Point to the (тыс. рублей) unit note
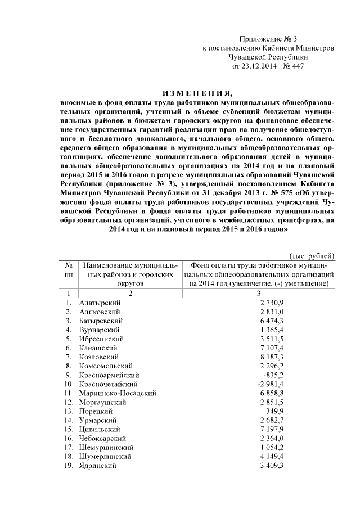click(x=313, y=255)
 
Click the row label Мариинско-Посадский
click(x=118, y=393)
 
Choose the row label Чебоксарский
click(x=102, y=438)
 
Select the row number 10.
click(x=67, y=384)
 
